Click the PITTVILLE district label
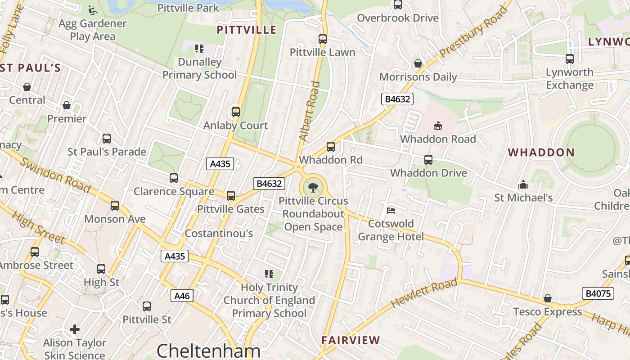pyautogui.click(x=246, y=30)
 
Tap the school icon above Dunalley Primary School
pyautogui.click(x=199, y=48)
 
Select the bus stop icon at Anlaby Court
pyautogui.click(x=235, y=112)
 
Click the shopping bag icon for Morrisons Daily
pyautogui.click(x=418, y=63)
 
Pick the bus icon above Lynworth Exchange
pyautogui.click(x=569, y=59)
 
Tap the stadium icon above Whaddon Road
pyautogui.click(x=437, y=126)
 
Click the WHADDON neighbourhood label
pyautogui.click(x=541, y=153)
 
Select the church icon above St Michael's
pyautogui.click(x=523, y=184)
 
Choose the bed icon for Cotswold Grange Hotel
pyautogui.click(x=391, y=210)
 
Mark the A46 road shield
pyautogui.click(x=182, y=296)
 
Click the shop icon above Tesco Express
pyautogui.click(x=547, y=298)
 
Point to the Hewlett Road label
pyautogui.click(x=424, y=293)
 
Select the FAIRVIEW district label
pyautogui.click(x=351, y=341)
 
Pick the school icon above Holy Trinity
pyautogui.click(x=269, y=274)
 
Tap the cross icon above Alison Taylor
pyautogui.click(x=75, y=330)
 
